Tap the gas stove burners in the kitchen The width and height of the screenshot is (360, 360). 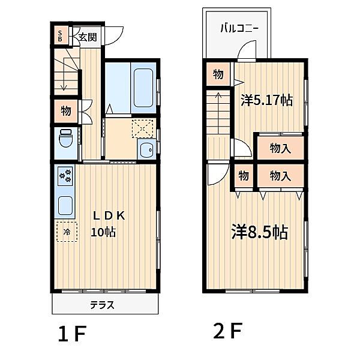(65, 176)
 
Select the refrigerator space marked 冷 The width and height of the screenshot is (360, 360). (67, 231)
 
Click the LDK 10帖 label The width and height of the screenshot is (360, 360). (108, 223)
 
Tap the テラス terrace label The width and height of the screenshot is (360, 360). (103, 305)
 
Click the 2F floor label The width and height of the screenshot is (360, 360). (227, 331)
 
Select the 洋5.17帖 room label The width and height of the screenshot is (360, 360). (267, 100)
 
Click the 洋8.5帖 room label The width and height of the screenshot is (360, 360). (260, 232)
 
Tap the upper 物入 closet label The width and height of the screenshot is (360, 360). (280, 148)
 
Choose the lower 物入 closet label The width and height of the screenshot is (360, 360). (280, 176)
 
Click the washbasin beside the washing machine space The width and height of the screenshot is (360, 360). (146, 149)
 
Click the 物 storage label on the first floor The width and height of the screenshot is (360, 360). (65, 110)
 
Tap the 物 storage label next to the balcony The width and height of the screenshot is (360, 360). (218, 75)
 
